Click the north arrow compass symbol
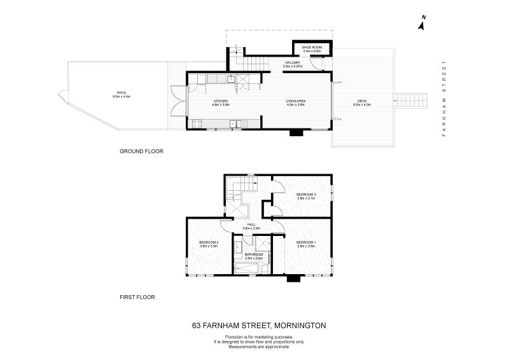pos(421,24)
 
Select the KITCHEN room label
pos(221,102)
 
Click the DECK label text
pos(362,102)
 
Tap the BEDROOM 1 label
pos(306,242)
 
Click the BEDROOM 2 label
pos(209,242)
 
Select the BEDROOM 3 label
pos(306,194)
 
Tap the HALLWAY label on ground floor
pos(293,62)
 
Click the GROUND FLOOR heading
pos(141,151)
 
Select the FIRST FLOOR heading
pos(137,296)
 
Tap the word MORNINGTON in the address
pos(300,325)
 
